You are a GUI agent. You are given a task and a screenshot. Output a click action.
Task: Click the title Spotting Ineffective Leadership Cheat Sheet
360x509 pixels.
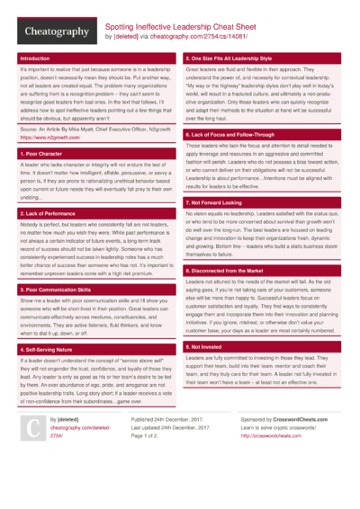click(188, 28)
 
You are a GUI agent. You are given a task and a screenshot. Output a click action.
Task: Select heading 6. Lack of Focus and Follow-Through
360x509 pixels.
click(229, 133)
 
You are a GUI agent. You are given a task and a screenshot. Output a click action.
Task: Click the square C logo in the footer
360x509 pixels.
click(32, 455)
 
